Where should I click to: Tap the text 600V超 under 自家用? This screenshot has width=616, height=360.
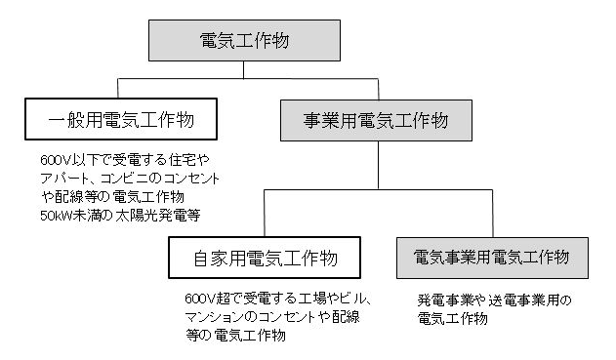(202, 300)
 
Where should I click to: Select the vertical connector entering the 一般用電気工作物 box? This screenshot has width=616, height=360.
(120, 87)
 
